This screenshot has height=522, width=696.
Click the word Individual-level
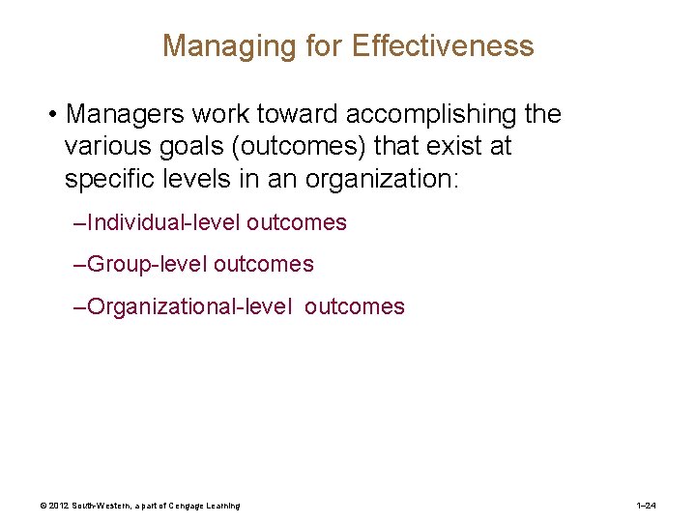pos(162,223)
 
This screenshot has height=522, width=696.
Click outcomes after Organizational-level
pos(355,307)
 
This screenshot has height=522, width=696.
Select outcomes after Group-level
pos(263,265)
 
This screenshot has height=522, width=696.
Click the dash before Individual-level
pos(79,223)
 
